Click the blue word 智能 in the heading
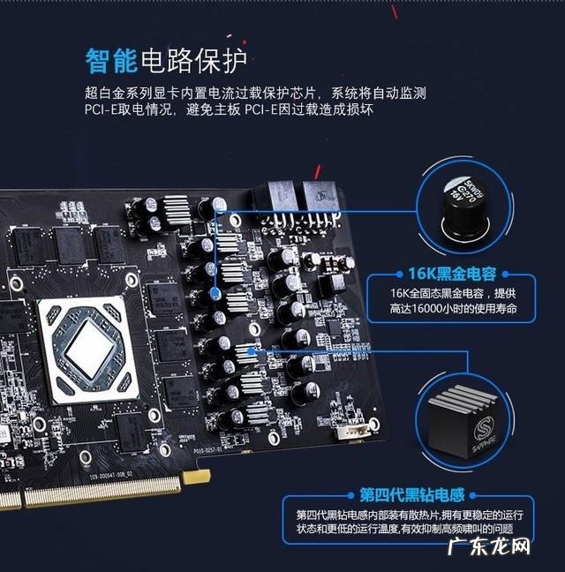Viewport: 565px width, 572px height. tap(111, 60)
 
